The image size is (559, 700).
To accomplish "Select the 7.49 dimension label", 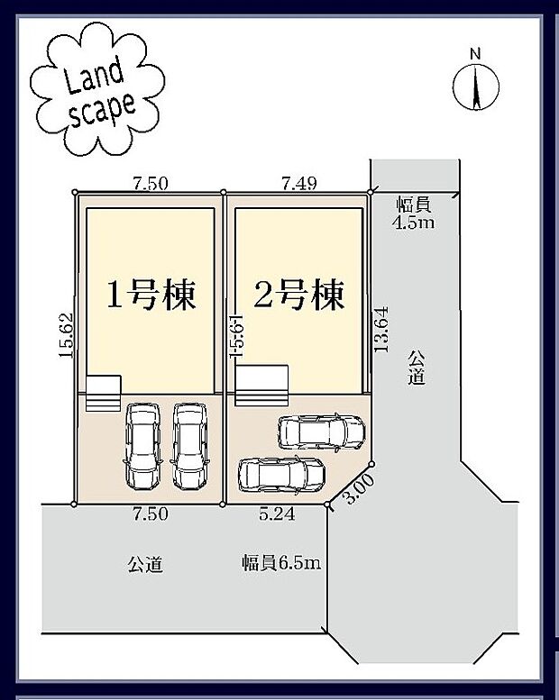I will pos(298,183).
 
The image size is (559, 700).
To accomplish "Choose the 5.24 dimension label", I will pos(277,514).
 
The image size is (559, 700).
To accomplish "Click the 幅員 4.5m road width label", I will pos(415,214).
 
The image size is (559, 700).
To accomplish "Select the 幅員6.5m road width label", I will pos(281,564).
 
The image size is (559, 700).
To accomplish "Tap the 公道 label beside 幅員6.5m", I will pos(144,565).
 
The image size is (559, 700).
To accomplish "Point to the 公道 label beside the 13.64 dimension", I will pos(415,367).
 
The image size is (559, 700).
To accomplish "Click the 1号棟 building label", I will pos(151,295).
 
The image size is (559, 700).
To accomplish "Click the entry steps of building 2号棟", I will pos(261,383).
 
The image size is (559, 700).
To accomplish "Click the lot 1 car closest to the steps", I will pos(142,445).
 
